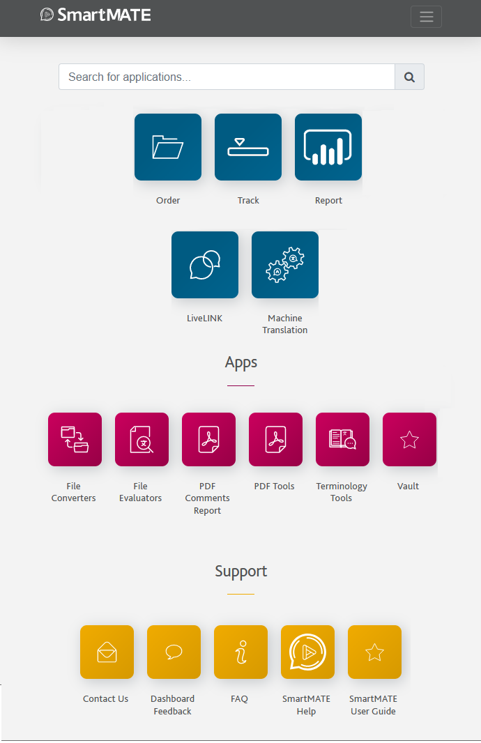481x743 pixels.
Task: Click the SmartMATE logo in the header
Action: point(96,15)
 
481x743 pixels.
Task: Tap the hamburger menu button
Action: point(426,17)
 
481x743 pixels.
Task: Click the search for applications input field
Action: point(227,77)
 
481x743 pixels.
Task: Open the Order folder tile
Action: point(168,147)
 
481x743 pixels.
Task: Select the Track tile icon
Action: point(248,147)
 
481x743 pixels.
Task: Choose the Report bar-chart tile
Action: point(328,147)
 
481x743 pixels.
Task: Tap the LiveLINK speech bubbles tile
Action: point(205,265)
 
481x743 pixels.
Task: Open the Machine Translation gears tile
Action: point(285,265)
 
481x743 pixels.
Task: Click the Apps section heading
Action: point(241,362)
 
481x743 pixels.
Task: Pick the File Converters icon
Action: point(75,439)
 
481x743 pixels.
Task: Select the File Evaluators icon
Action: point(142,439)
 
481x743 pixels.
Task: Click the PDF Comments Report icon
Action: point(208,439)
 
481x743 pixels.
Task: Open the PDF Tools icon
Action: point(275,439)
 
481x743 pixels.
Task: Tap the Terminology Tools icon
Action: point(342,439)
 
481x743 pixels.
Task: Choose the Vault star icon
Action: point(409,439)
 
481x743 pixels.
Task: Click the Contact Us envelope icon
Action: point(107,652)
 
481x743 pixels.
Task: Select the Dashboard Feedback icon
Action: point(174,652)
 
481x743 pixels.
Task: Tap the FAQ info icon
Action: point(240,652)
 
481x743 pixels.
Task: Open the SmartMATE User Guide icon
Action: point(374,652)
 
